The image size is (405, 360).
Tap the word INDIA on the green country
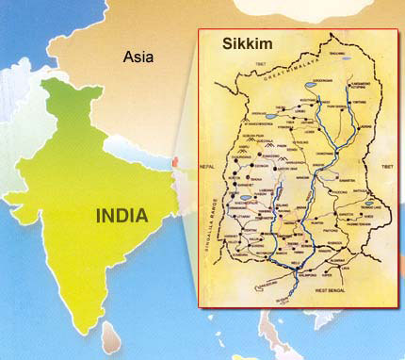tap(122, 215)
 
